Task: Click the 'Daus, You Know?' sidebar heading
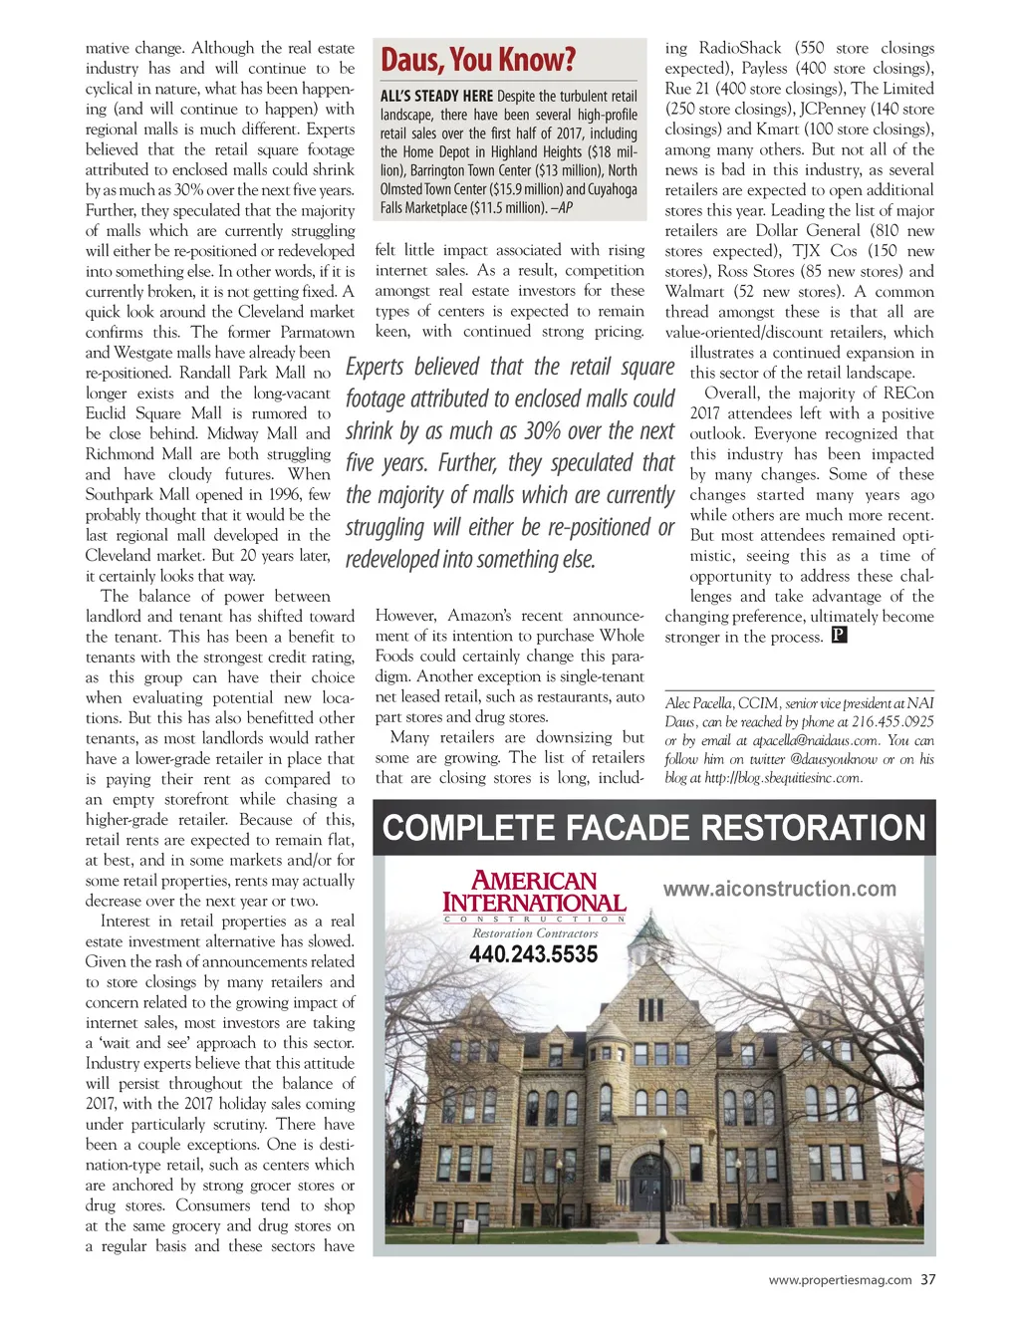(478, 60)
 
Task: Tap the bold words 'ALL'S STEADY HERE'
(436, 97)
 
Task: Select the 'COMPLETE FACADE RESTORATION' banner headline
(654, 829)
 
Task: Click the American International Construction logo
(534, 894)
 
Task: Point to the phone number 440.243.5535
(534, 954)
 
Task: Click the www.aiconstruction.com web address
(780, 889)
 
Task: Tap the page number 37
(927, 1280)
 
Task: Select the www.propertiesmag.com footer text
(840, 1280)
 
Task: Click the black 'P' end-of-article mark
(839, 636)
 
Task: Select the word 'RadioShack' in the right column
(740, 48)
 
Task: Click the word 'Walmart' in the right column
(695, 292)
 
